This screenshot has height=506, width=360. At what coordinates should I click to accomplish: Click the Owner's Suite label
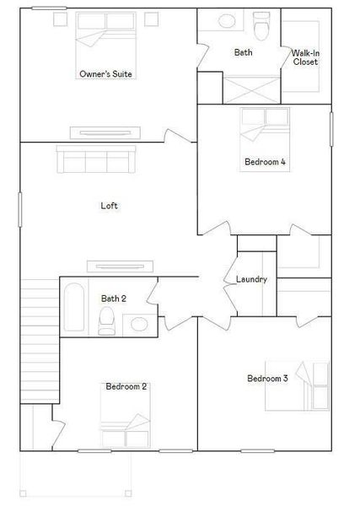[x=106, y=74]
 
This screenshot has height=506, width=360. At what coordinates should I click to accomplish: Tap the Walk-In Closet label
[x=304, y=57]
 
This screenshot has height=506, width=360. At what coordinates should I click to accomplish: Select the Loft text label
[x=109, y=205]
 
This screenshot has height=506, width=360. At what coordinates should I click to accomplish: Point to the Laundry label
[x=251, y=279]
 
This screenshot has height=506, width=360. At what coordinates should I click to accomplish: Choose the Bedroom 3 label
[x=267, y=379]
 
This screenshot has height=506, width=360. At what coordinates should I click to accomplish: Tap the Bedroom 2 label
[x=126, y=386]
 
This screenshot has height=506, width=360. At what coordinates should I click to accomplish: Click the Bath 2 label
[x=114, y=298]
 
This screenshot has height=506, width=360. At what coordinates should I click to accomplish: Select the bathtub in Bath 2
[x=73, y=308]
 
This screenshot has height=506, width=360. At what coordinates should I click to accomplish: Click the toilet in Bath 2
[x=106, y=320]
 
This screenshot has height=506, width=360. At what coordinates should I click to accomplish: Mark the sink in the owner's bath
[x=228, y=24]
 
